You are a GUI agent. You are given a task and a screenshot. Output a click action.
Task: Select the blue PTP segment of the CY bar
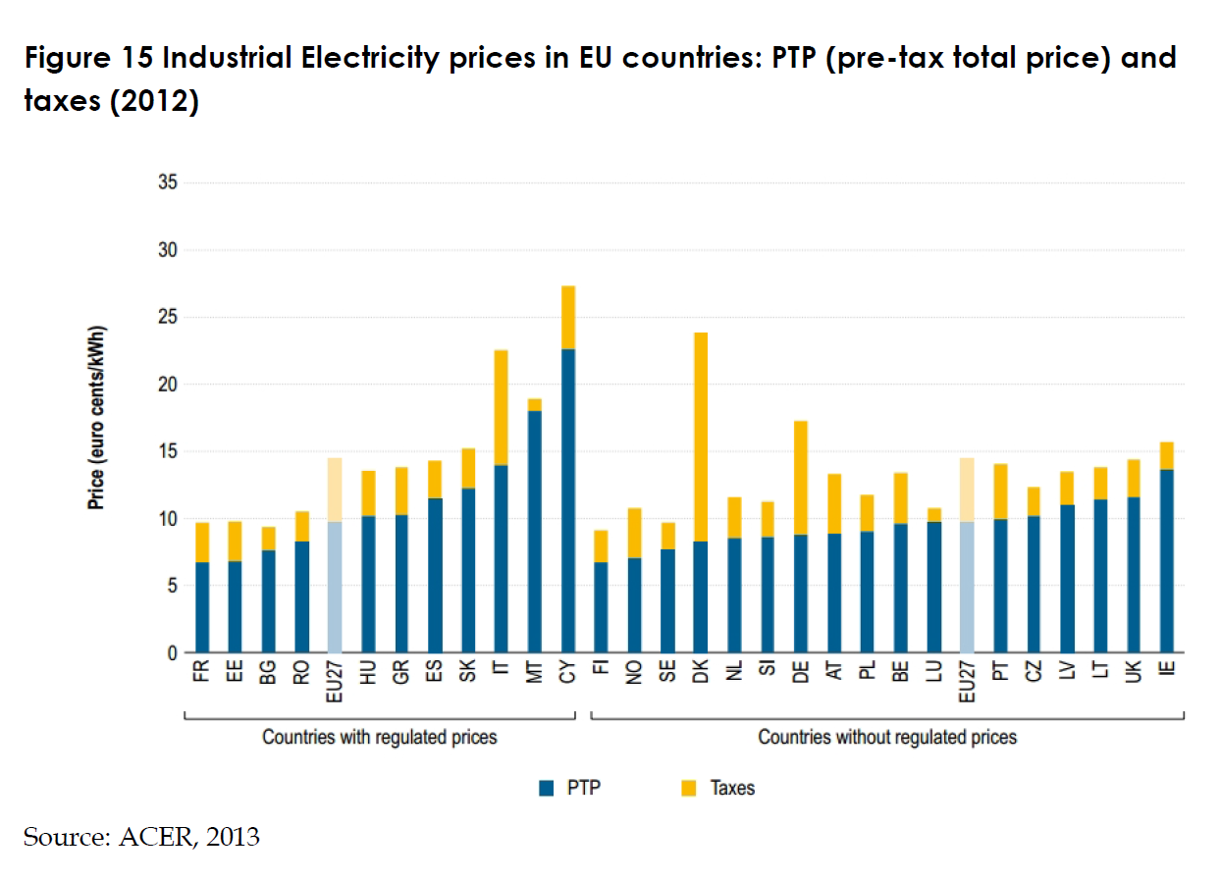pyautogui.click(x=567, y=500)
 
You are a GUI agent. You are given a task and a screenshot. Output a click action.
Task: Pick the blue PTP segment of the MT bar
pyautogui.click(x=534, y=531)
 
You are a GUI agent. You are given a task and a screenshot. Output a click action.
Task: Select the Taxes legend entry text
pyautogui.click(x=732, y=788)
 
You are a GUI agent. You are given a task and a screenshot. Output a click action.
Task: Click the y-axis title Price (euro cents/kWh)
pyautogui.click(x=96, y=417)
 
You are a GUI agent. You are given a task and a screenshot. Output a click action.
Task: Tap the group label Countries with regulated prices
pyautogui.click(x=379, y=737)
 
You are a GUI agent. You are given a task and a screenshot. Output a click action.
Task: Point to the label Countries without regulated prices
pyautogui.click(x=887, y=737)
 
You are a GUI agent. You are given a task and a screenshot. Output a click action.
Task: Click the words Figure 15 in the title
pyautogui.click(x=88, y=59)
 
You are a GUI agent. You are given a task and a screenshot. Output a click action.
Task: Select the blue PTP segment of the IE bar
pyautogui.click(x=1166, y=560)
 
